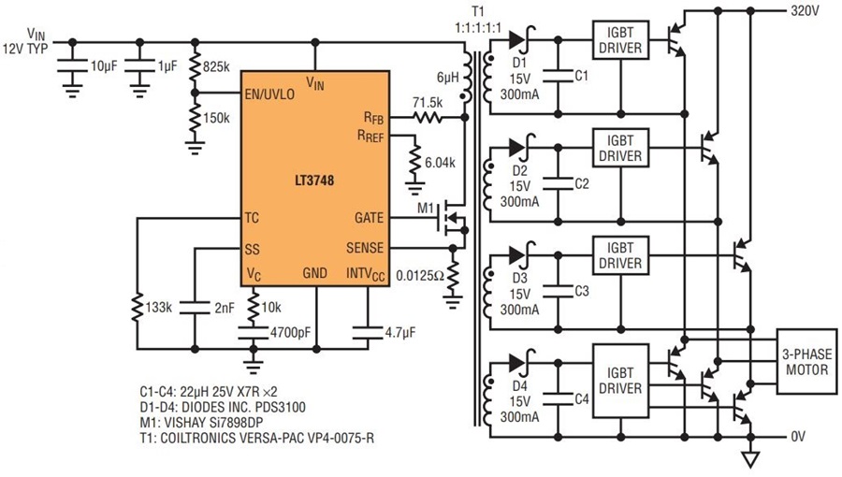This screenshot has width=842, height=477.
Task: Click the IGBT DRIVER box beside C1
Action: point(619,40)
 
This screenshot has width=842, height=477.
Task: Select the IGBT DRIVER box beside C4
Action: point(619,380)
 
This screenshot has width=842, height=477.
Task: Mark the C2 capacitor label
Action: point(581,183)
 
